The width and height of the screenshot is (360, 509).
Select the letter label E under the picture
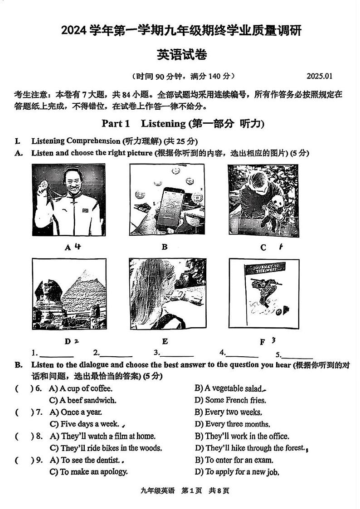(x=165, y=341)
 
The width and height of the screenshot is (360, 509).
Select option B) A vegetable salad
(x=229, y=388)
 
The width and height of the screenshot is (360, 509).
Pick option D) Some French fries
(x=230, y=400)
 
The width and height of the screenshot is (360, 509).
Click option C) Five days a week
(x=84, y=424)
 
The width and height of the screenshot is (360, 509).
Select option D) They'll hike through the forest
(x=249, y=448)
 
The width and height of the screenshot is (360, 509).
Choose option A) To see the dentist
(x=84, y=460)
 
